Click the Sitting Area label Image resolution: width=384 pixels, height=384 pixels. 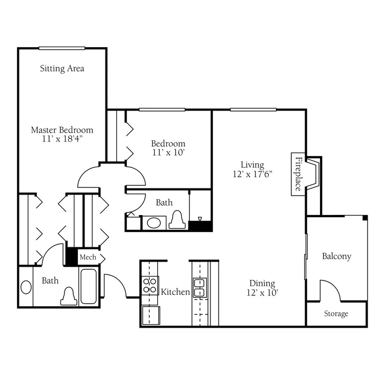[62, 68]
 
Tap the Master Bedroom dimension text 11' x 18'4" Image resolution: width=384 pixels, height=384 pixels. [62, 139]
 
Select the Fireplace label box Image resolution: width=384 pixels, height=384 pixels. [298, 174]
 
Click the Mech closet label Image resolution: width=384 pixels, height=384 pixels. [88, 257]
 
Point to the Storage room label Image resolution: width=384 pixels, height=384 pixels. [336, 313]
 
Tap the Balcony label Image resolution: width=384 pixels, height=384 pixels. [336, 256]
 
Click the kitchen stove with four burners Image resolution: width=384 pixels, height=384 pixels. [150, 286]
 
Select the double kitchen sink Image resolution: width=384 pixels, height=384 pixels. [200, 288]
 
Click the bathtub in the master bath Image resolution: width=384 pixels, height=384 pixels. [89, 287]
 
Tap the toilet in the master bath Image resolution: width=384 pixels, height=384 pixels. [69, 296]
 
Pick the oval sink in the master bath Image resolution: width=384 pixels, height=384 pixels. [26, 287]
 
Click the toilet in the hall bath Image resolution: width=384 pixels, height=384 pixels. [177, 220]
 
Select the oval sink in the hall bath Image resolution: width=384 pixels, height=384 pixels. [154, 223]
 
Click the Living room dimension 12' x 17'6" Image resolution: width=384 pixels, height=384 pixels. [252, 174]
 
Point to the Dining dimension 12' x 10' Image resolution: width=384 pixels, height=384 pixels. [262, 293]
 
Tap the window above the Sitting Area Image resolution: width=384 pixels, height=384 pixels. [62, 48]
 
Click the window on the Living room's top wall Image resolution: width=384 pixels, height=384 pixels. [253, 110]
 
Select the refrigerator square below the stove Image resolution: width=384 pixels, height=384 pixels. [151, 315]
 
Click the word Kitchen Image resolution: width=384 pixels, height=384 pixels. [175, 292]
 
